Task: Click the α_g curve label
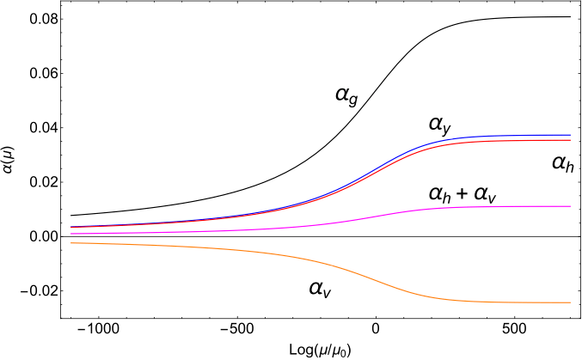346,95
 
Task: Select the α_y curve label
440,125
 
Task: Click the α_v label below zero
320,289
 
